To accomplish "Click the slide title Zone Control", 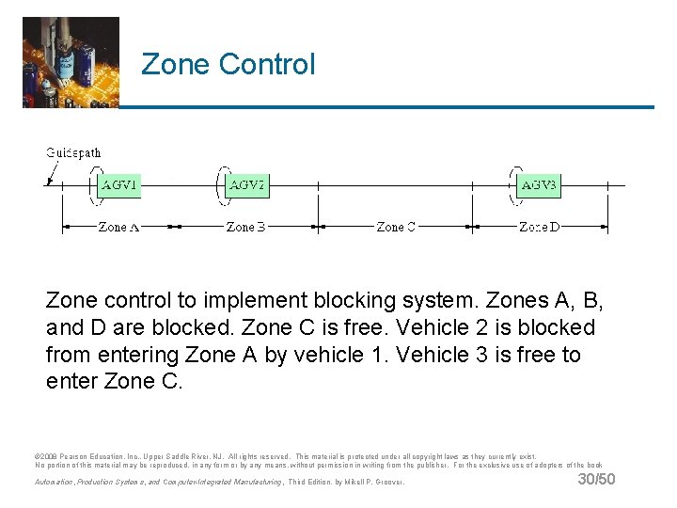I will (228, 64).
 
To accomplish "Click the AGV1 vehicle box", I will (119, 186).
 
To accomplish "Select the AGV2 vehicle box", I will (247, 186).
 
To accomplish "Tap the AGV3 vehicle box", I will (539, 186).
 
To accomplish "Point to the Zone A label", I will (118, 227).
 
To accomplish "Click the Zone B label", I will (245, 227).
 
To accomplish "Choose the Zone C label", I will (396, 227).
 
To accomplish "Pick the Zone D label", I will (540, 227).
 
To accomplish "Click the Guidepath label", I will (73, 152).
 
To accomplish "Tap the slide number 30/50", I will (596, 480).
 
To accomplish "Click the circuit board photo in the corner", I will (71, 62).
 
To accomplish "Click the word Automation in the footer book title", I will (55, 483).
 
